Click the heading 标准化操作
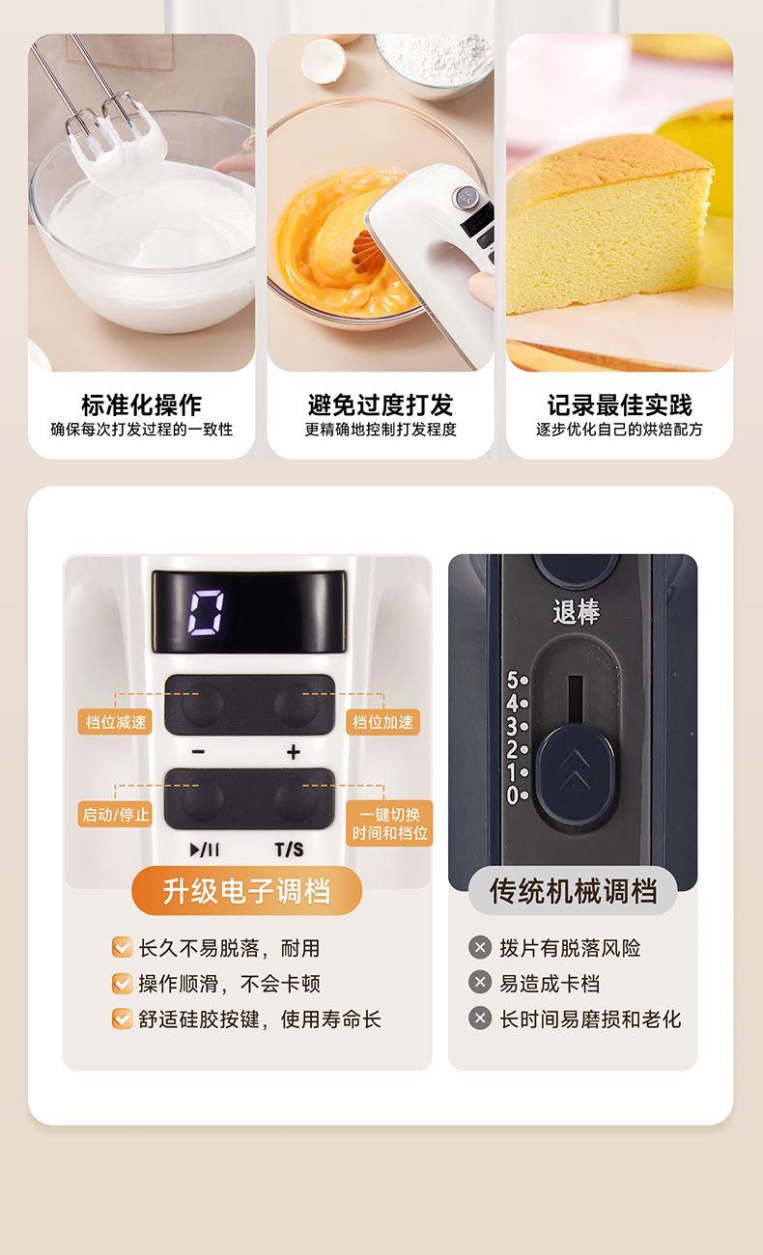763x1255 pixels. pos(141,404)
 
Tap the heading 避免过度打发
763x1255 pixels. pos(381,404)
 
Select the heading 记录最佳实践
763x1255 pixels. pos(619,404)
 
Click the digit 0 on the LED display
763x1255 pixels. pos(206,612)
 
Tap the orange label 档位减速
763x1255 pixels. pos(116,722)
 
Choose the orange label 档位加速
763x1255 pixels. pos(382,722)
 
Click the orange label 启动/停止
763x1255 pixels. pos(116,814)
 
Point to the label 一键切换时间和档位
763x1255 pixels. pos(389,823)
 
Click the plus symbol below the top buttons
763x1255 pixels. pos(294,752)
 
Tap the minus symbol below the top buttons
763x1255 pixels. pos(198,752)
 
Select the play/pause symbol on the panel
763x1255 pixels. pos(205,850)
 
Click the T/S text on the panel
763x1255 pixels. pos(290,850)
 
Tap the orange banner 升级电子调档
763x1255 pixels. pos(246,890)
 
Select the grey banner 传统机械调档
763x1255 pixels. pos(573,890)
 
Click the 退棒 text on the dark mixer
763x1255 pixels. pos(576,611)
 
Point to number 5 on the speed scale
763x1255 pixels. pos(513,680)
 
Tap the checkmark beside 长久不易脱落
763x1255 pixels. pos(123,947)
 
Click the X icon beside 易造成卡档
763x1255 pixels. pos(480,983)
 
